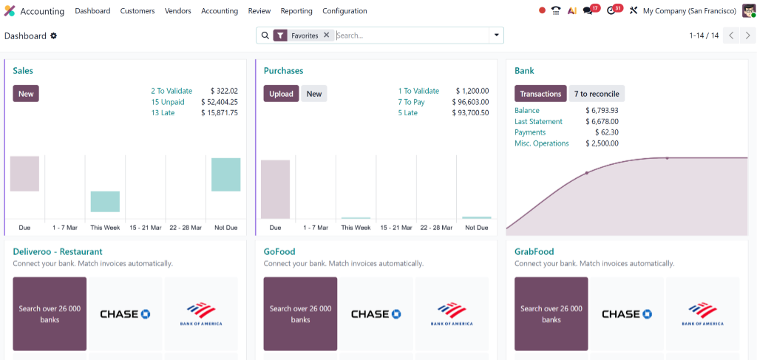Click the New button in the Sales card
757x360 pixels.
click(x=26, y=94)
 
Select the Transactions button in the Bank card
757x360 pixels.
click(x=540, y=94)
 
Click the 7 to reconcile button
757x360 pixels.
click(x=597, y=94)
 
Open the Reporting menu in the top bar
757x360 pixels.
click(x=296, y=11)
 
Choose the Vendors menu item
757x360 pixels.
click(x=177, y=11)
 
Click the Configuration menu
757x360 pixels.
click(x=344, y=11)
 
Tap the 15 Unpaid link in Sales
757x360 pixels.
click(x=168, y=102)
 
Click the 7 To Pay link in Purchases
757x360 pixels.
click(x=411, y=102)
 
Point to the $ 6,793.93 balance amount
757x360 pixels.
click(x=602, y=111)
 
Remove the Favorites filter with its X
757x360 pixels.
click(x=326, y=35)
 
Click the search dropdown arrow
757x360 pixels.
click(x=496, y=35)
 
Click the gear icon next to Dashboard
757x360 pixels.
click(x=53, y=35)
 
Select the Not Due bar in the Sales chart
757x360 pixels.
click(x=225, y=174)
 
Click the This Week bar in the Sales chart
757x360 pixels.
click(x=105, y=201)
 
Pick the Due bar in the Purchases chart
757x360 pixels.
click(x=275, y=189)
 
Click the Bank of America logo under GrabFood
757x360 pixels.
click(x=702, y=313)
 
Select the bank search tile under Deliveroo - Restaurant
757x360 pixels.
click(x=50, y=313)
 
